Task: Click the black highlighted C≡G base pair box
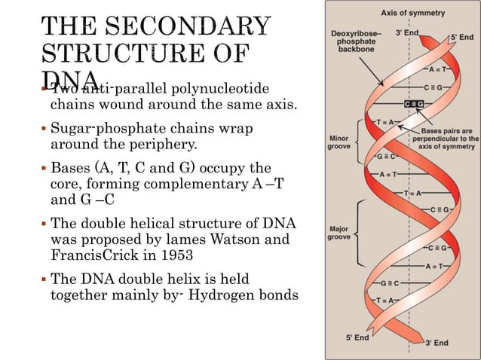coord(414,102)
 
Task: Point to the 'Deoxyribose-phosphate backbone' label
coord(354,43)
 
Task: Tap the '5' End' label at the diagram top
coord(462,35)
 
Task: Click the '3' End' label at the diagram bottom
coord(436,343)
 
